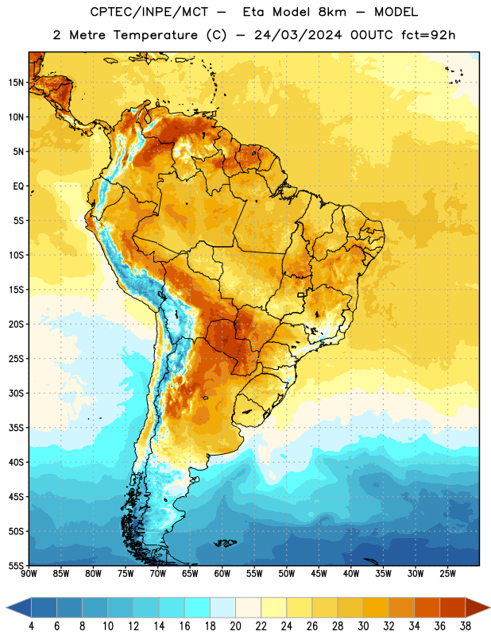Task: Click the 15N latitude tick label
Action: click(16, 83)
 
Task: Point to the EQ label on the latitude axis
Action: click(18, 187)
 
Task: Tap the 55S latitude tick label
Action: click(16, 565)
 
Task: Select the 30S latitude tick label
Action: click(16, 393)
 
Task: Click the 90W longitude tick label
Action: click(29, 573)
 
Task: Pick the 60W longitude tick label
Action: click(222, 573)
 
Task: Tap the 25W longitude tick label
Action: click(447, 573)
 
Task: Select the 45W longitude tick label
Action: click(319, 573)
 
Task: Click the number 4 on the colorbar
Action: click(31, 626)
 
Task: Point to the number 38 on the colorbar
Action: click(466, 626)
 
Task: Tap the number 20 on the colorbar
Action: click(235, 626)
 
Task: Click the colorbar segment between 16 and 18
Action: click(198, 608)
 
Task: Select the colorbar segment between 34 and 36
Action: click(427, 608)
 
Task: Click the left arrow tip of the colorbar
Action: click(6, 608)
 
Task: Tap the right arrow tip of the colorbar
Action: click(489, 608)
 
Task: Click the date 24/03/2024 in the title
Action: click(298, 35)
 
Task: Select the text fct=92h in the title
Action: click(428, 35)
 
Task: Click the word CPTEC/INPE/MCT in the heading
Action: click(149, 12)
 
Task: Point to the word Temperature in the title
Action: click(155, 35)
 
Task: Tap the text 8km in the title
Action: click(332, 12)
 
